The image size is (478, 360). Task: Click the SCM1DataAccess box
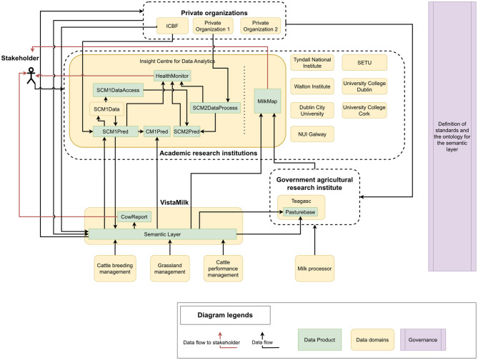point(119,90)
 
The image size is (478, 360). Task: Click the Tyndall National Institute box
point(312,64)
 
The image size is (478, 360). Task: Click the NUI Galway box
point(312,133)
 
